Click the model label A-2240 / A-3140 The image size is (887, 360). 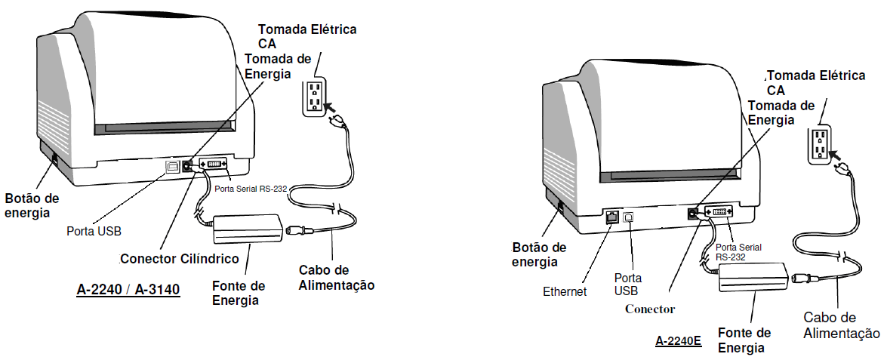pos(128,288)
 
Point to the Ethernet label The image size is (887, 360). pos(565,291)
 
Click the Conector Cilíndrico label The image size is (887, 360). pos(180,259)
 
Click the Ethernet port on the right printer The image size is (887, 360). pos(613,217)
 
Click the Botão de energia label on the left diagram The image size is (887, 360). pos(32,205)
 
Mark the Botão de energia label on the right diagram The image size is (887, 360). pos(539,254)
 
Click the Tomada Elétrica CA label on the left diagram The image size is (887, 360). pos(307,36)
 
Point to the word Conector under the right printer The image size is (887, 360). pos(650,309)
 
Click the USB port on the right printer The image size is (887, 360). pos(630,215)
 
